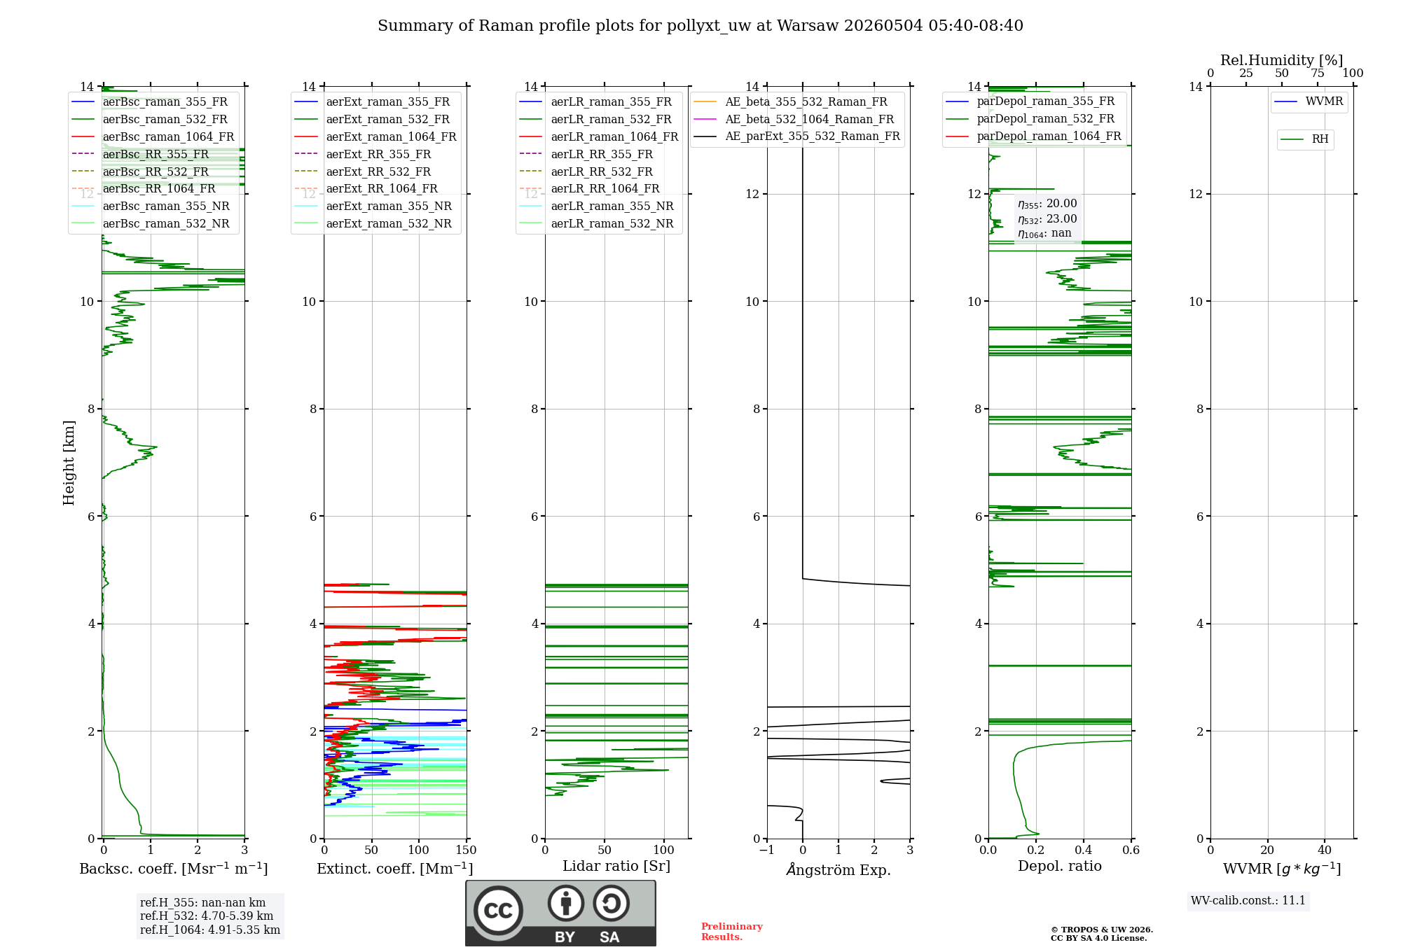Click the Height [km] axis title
coord(69,462)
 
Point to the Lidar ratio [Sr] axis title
coord(616,866)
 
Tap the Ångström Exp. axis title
coord(838,869)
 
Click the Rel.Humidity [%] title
coord(1282,60)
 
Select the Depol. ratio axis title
coord(1060,866)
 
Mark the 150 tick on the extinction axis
coord(466,850)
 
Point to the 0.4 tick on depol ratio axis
coord(1084,850)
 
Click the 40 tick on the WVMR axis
coord(1325,850)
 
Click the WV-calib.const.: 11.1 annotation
coord(1248,900)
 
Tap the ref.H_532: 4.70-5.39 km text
coord(207,916)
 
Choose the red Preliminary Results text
coord(731,932)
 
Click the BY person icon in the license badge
coord(566,903)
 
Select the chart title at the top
coord(700,26)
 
